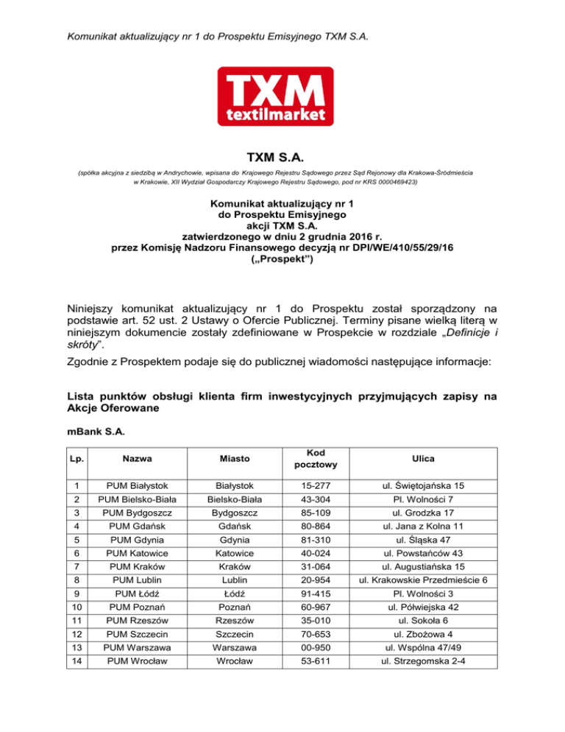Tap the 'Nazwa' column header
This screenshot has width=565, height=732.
pyautogui.click(x=140, y=459)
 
